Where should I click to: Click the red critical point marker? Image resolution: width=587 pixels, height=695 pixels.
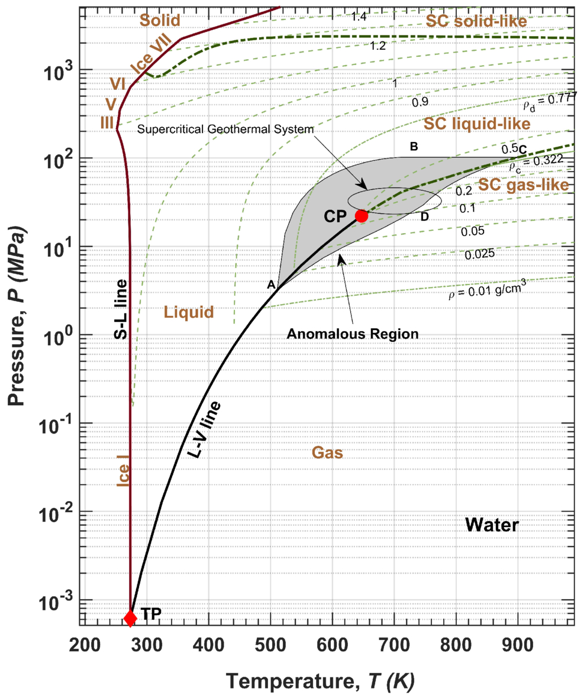[x=362, y=216]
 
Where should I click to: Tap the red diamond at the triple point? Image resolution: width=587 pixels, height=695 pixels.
[x=130, y=618]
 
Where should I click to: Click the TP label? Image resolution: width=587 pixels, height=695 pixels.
[x=151, y=614]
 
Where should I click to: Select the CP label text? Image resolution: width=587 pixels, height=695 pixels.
[x=335, y=216]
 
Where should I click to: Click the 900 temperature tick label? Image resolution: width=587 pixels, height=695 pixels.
[x=518, y=645]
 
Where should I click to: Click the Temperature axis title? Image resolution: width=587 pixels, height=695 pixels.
[x=320, y=681]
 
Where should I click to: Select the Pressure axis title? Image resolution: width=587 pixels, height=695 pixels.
[x=16, y=316]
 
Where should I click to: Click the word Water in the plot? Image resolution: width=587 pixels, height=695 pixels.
[x=492, y=525]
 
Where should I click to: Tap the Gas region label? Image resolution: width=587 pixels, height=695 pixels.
[x=327, y=452]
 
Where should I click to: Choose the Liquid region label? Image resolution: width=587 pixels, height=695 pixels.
[x=189, y=312]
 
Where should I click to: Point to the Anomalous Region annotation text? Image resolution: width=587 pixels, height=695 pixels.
[x=353, y=334]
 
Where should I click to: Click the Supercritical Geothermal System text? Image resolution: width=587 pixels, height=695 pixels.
[x=225, y=130]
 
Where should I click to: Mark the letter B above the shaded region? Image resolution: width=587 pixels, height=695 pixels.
[x=414, y=146]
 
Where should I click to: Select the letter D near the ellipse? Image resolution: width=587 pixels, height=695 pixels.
[x=424, y=216]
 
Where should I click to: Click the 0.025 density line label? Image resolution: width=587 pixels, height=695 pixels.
[x=480, y=254]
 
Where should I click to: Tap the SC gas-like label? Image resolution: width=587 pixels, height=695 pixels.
[x=523, y=185]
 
